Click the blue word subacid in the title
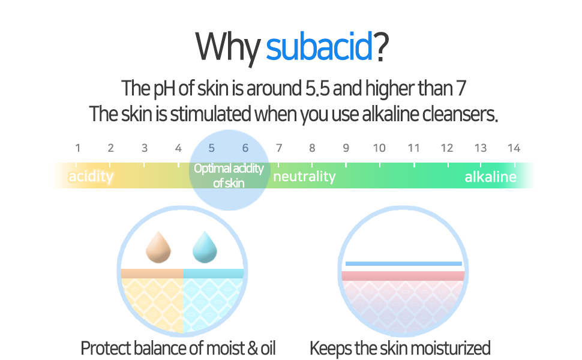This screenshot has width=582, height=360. click(320, 47)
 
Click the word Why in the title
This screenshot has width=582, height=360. click(228, 47)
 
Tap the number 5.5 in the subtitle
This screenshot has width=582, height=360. click(313, 89)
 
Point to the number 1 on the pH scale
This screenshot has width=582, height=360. click(77, 148)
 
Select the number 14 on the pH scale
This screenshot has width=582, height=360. click(513, 148)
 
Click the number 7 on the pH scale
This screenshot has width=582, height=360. click(278, 148)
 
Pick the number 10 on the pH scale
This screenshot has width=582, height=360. click(379, 148)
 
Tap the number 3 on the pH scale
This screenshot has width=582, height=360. click(145, 148)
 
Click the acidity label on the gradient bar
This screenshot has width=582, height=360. click(91, 176)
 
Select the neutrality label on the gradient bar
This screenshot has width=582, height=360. click(304, 176)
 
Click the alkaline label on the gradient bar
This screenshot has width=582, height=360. click(490, 176)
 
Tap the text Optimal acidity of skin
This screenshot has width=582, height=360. click(229, 175)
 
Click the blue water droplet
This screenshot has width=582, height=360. click(205, 248)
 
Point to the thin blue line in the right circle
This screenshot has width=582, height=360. click(403, 263)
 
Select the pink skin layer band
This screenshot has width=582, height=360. click(403, 276)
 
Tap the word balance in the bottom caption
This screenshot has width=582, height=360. click(159, 348)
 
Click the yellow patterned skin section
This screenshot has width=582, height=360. click(152, 303)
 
